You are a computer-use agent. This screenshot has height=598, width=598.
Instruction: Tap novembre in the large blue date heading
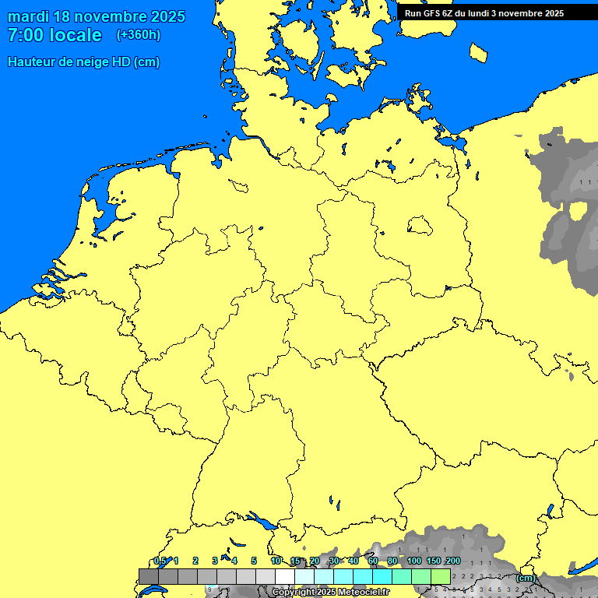pyautogui.click(x=115, y=16)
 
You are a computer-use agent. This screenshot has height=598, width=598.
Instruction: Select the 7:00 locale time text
pyautogui.click(x=55, y=35)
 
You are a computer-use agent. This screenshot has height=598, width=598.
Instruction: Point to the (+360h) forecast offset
pyautogui.click(x=139, y=35)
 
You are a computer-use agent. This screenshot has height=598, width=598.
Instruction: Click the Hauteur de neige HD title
pyautogui.click(x=83, y=62)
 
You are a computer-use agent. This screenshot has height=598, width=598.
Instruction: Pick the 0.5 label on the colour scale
pyautogui.click(x=160, y=561)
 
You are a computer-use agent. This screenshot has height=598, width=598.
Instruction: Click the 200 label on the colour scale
pyautogui.click(x=452, y=561)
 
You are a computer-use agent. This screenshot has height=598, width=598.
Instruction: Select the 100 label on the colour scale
pyautogui.click(x=413, y=561)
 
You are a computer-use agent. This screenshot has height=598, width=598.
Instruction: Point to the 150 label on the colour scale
pyautogui.click(x=433, y=561)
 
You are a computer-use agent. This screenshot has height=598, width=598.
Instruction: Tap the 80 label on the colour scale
pyautogui.click(x=392, y=561)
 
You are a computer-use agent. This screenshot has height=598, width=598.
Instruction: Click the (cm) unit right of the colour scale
pyautogui.click(x=526, y=578)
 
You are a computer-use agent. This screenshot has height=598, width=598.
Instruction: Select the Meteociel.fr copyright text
pyautogui.click(x=330, y=592)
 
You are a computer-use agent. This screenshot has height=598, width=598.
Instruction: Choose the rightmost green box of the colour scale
pyautogui.click(x=441, y=576)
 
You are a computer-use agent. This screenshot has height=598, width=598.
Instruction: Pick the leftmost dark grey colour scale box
pyautogui.click(x=148, y=576)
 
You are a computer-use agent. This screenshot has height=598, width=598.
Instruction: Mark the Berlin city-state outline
pyautogui.click(x=420, y=226)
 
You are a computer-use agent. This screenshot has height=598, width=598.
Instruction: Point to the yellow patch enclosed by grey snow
pyautogui.click(x=579, y=212)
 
